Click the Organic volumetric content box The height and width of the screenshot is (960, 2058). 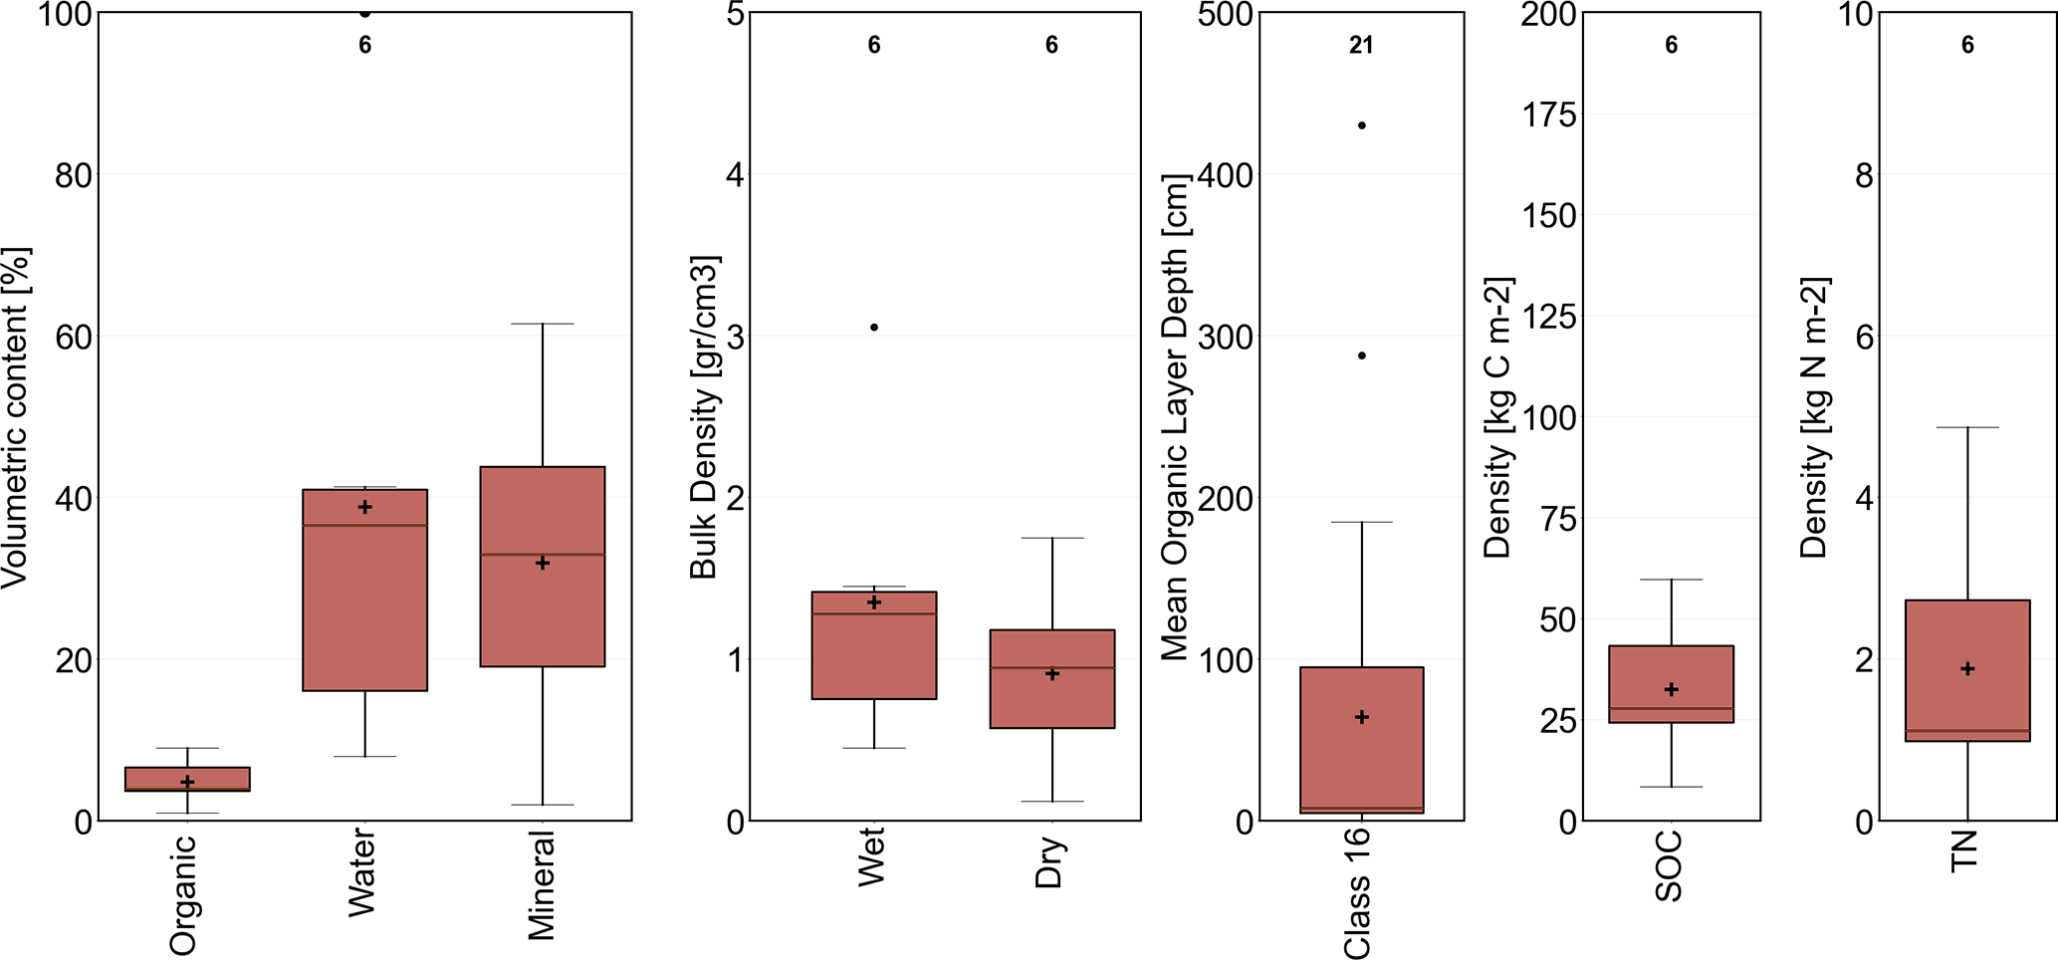point(187,779)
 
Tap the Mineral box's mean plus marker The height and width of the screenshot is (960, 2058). point(543,564)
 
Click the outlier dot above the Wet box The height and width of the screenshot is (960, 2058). point(874,328)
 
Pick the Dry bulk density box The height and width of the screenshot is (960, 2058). point(1051,679)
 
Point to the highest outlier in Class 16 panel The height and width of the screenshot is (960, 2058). point(1361,125)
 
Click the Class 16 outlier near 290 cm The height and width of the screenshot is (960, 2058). point(1361,356)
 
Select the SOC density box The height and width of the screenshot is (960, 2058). point(1671,684)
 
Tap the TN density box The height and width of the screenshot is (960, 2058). point(1966,670)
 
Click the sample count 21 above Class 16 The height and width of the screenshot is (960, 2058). point(1361,45)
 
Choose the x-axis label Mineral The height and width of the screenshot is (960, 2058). point(542,885)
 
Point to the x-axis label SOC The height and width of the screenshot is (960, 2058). point(1670,865)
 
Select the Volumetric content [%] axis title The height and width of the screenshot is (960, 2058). point(17,418)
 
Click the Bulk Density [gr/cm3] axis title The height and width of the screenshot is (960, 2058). point(704,418)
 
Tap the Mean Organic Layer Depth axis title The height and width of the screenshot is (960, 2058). point(1176,418)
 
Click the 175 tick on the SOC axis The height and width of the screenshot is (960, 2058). point(1549,116)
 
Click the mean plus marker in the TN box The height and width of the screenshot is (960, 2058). point(1967,669)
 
